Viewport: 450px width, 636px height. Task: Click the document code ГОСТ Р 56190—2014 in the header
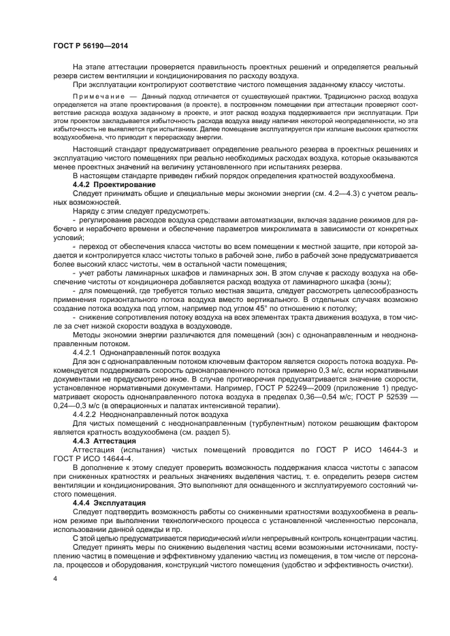91,46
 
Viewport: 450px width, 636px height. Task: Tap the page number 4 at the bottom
56,579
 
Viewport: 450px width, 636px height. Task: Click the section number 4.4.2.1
84,352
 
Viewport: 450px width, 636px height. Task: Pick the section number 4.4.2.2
84,413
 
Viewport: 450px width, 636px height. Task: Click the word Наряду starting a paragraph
85,211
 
